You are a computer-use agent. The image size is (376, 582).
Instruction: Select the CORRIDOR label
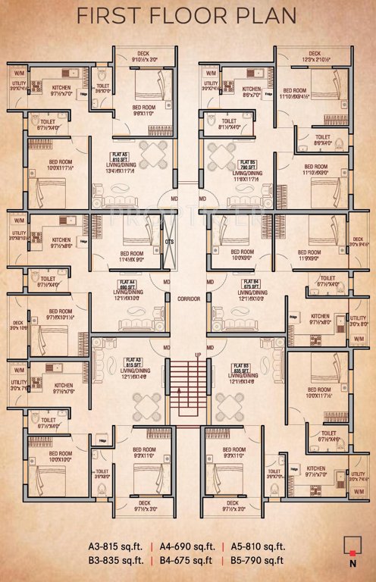[188, 299]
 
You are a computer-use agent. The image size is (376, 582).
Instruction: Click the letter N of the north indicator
[352, 563]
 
